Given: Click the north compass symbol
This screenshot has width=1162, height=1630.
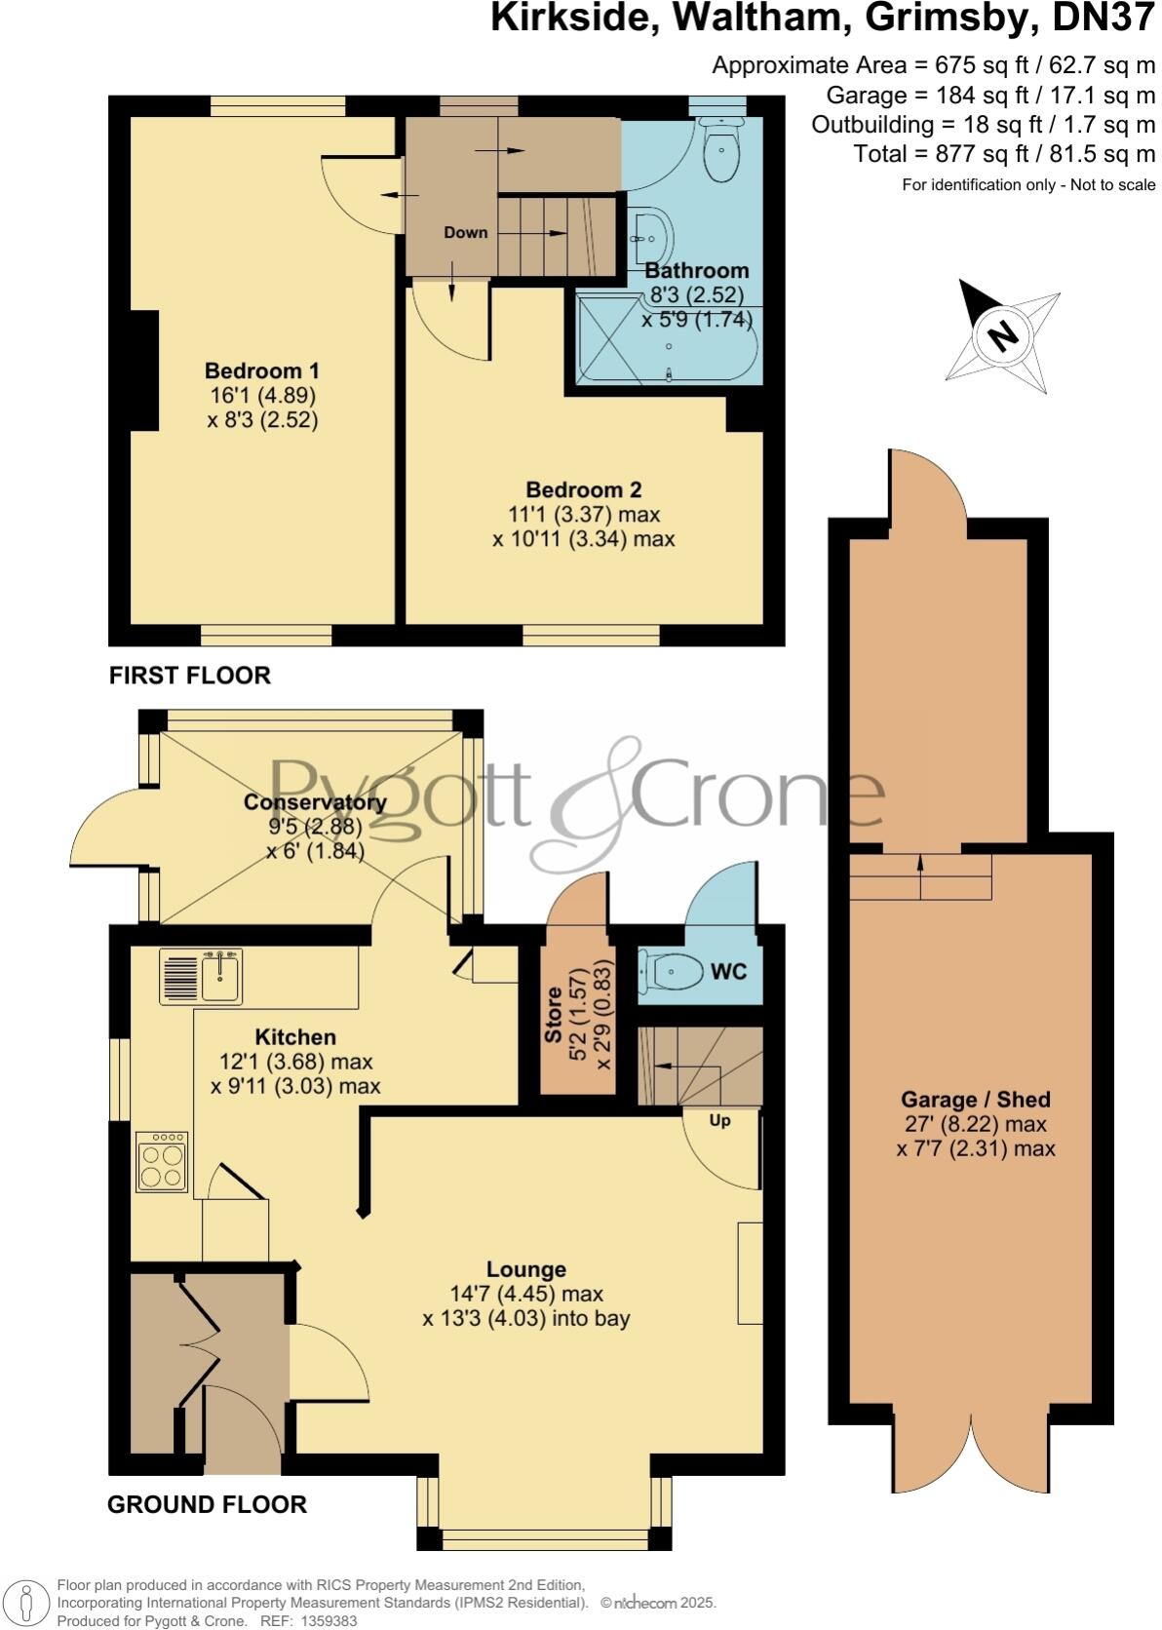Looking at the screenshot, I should [1002, 335].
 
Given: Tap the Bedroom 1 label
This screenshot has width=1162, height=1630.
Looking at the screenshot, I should [261, 371].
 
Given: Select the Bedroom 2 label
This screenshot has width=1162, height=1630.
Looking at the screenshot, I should [583, 490].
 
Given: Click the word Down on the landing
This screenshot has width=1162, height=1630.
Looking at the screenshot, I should [465, 233].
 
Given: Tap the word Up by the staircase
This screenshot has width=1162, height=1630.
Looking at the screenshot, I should [719, 1121].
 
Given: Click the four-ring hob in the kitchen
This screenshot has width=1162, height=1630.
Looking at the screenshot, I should [162, 1160].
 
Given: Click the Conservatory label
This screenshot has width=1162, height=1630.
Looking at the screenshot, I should [315, 802].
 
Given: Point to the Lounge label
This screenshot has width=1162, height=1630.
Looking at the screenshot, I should [526, 1269].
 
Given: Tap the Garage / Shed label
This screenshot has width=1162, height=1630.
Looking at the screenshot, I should [975, 1100].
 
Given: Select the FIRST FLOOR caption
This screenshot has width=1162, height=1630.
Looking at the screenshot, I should [189, 676].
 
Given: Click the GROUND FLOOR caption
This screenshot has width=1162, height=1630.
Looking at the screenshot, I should [207, 1504].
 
